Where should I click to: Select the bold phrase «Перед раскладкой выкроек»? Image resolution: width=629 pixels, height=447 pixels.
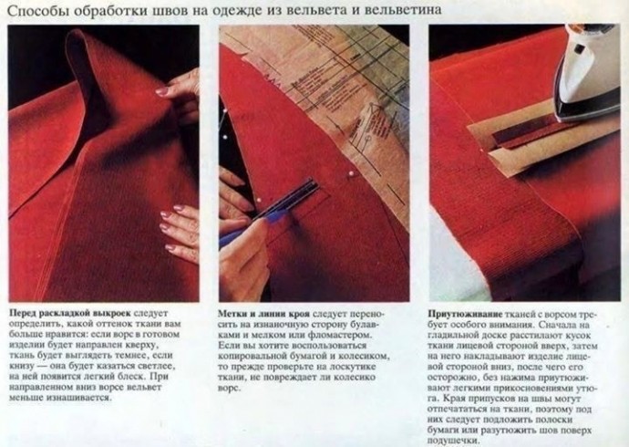pos(70,314)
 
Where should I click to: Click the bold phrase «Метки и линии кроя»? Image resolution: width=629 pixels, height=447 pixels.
pos(264,314)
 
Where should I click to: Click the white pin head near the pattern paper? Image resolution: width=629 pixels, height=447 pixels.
pos(352,174)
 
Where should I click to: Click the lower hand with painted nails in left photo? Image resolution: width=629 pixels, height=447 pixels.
pos(180,233)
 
